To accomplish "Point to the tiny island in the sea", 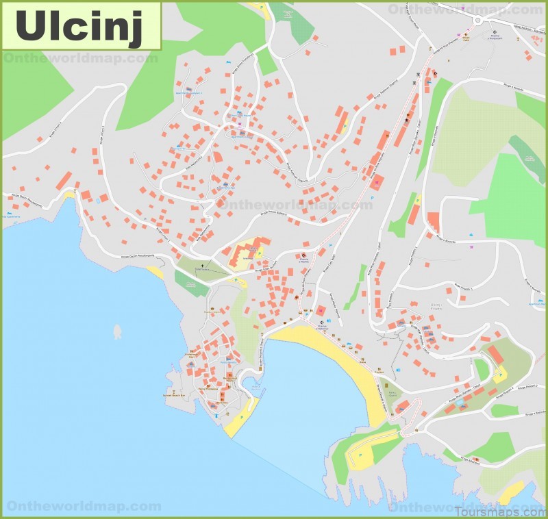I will point(118,333).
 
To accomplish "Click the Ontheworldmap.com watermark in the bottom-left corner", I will point(82,507).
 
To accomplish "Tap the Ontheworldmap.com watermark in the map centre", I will point(295,204).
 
